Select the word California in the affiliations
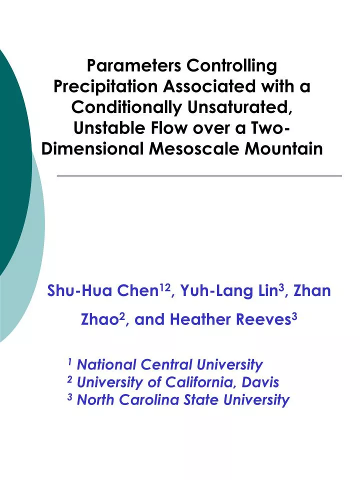(x=193, y=382)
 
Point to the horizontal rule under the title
(x=200, y=176)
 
